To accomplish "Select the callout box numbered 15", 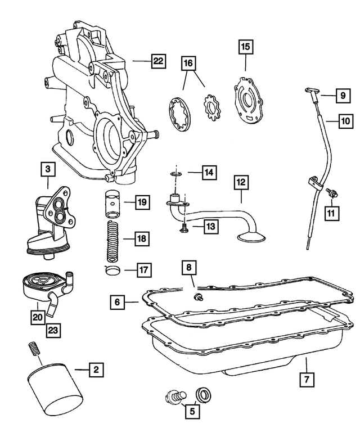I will pos(245,48).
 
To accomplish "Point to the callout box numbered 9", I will pos(341,96).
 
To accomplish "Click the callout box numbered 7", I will pos(306,381).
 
